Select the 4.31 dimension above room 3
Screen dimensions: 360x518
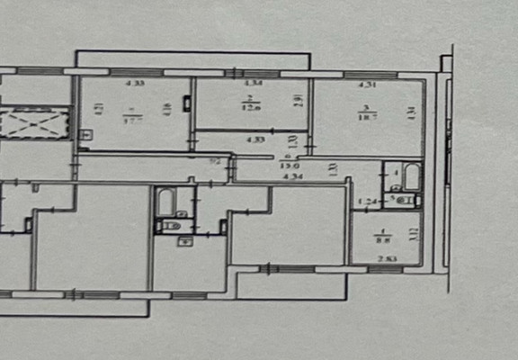click(x=367, y=85)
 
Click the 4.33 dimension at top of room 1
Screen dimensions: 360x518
click(x=135, y=85)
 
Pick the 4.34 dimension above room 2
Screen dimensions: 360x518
click(x=254, y=85)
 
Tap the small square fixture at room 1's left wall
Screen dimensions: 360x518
click(x=85, y=137)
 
